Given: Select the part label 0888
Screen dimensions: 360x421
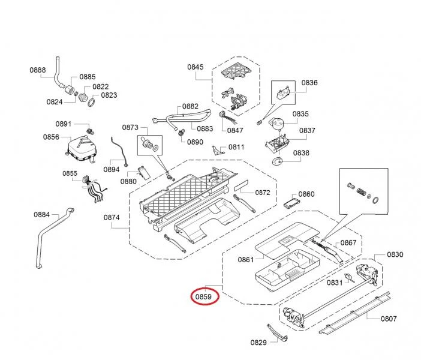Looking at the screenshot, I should tap(38, 70).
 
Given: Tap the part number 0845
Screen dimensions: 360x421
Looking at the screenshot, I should tap(196, 67).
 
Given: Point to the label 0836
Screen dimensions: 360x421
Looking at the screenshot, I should tap(309, 83).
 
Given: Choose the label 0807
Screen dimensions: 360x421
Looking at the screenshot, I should tap(389, 319).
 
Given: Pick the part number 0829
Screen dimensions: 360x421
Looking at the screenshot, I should tap(258, 343).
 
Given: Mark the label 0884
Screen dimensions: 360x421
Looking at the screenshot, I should tap(42, 214).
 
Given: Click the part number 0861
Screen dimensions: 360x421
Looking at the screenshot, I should tap(246, 260).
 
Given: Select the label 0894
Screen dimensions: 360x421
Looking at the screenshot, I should tap(112, 169).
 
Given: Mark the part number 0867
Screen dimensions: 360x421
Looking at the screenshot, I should tap(349, 243).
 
